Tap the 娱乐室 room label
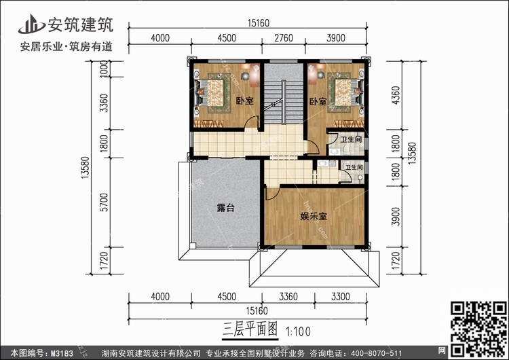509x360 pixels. [x=314, y=217]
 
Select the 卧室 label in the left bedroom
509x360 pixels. [x=244, y=101]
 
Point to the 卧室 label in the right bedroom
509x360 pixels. [x=318, y=101]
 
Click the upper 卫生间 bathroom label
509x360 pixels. [x=351, y=141]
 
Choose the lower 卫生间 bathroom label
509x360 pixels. [x=354, y=166]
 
